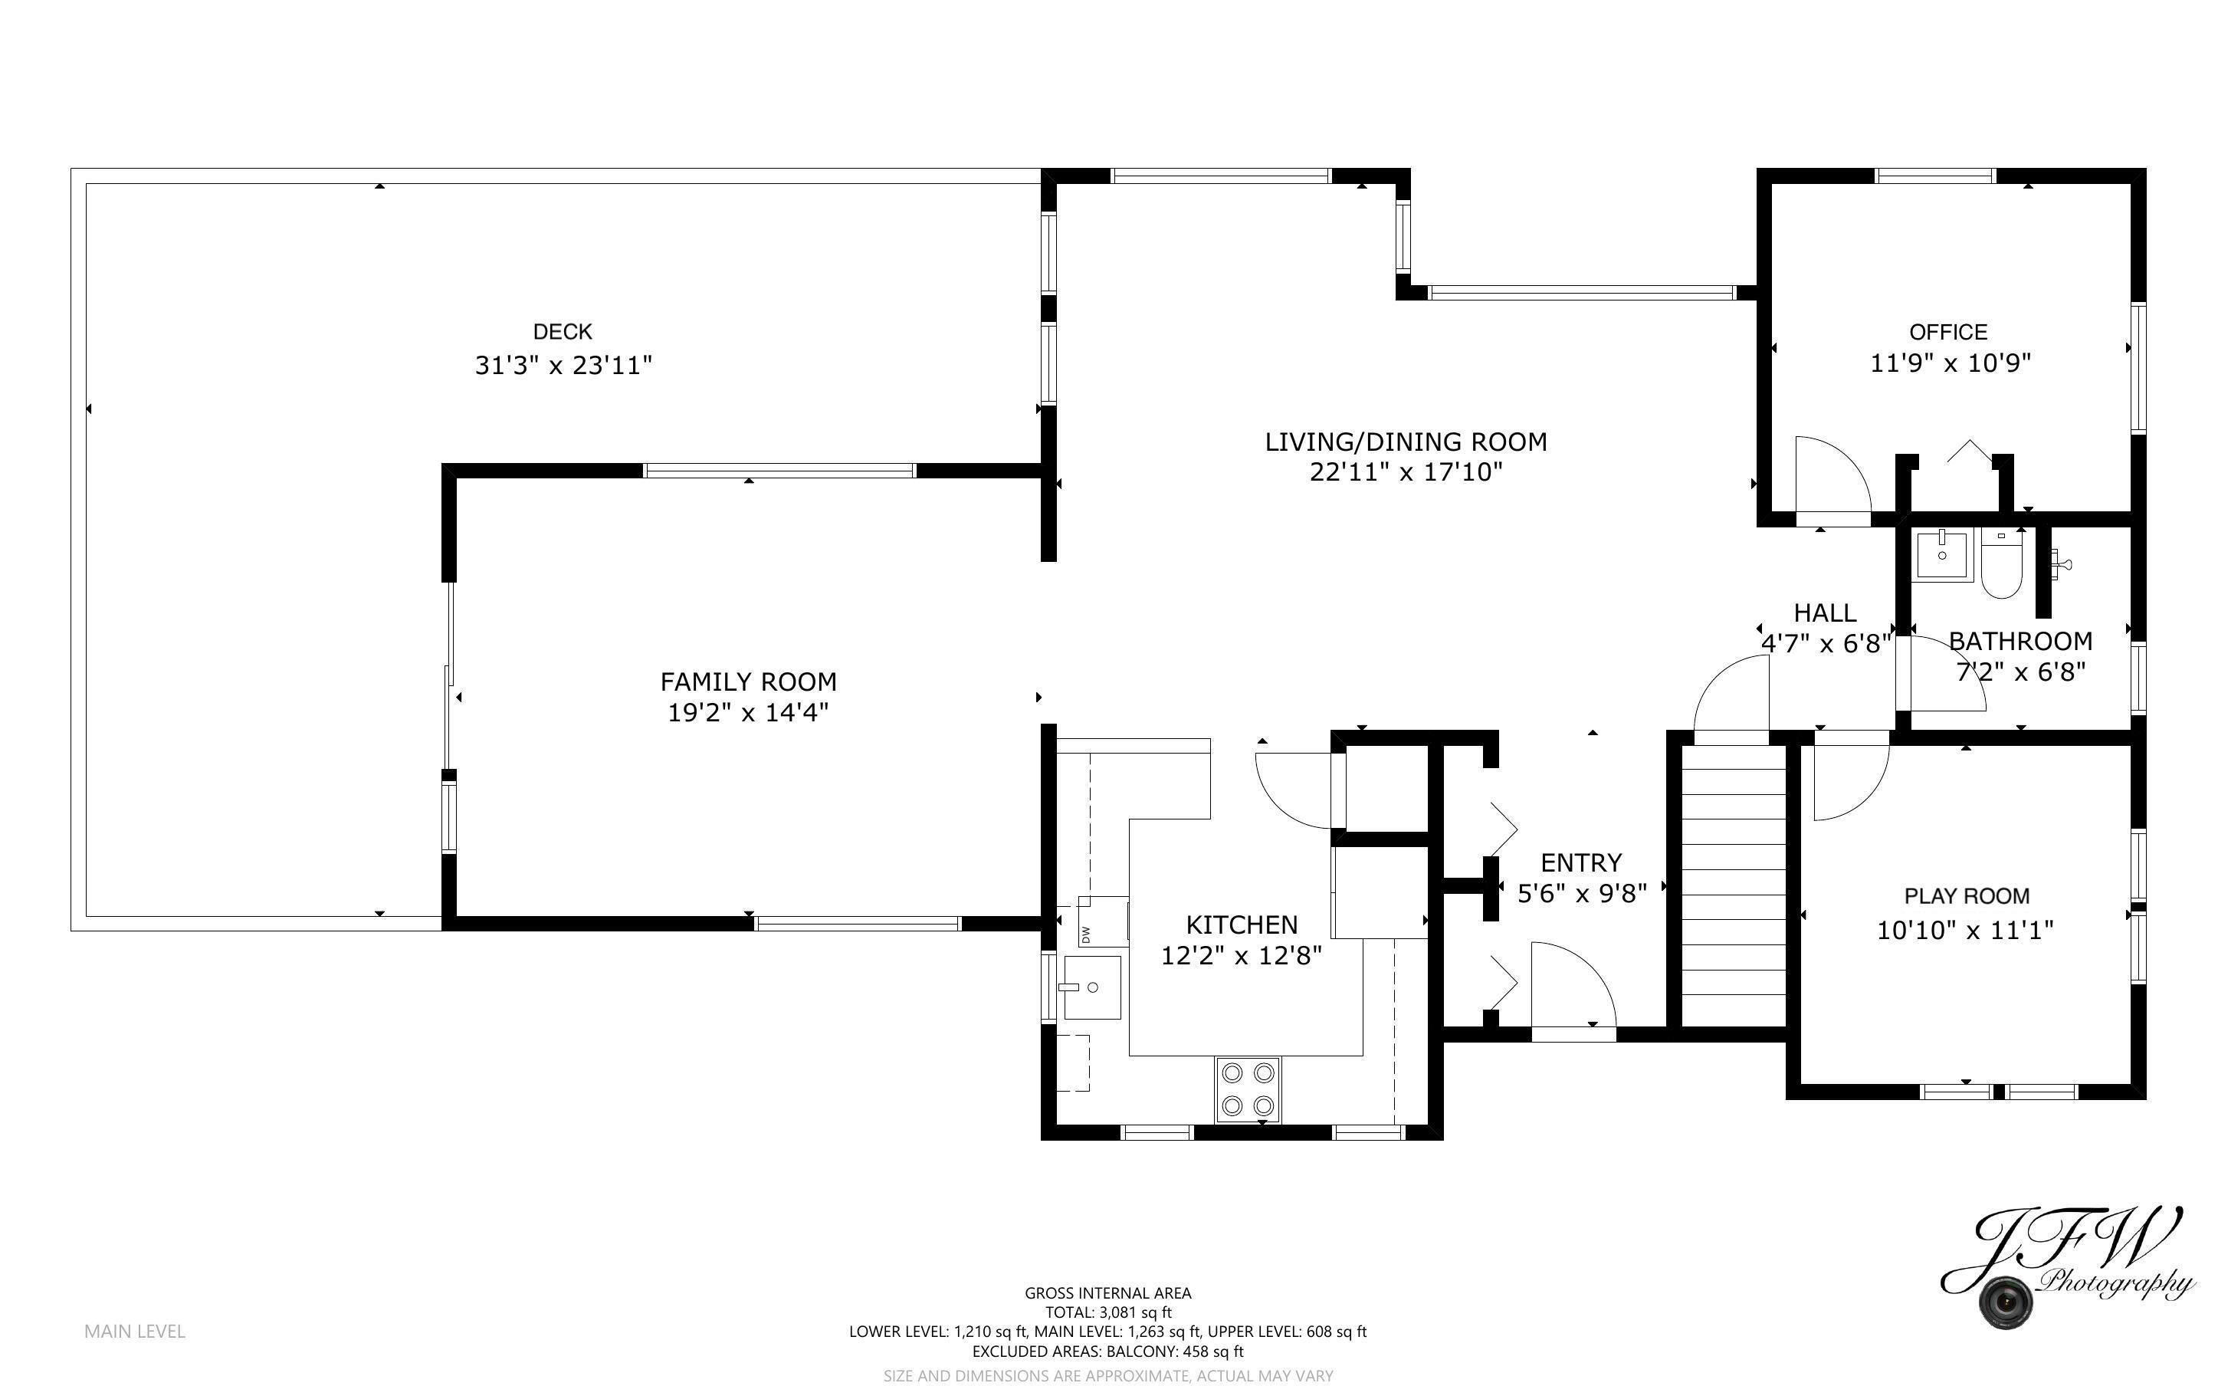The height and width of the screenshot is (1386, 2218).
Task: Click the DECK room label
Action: point(563,331)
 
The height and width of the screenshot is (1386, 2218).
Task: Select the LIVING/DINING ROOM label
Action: point(1406,442)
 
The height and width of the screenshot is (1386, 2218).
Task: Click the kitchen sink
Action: point(1092,987)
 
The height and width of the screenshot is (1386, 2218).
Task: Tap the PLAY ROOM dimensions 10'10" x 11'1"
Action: point(1965,931)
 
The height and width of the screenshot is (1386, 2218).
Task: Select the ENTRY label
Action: point(1581,862)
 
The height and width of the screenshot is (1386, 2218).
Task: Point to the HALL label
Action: point(1825,613)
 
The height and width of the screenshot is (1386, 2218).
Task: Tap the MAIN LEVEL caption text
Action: point(135,1331)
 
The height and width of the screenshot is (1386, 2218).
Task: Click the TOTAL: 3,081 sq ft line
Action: point(1107,1312)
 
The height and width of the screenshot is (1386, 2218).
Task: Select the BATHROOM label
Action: point(2020,641)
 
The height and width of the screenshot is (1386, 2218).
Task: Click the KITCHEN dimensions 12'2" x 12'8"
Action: point(1242,956)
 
